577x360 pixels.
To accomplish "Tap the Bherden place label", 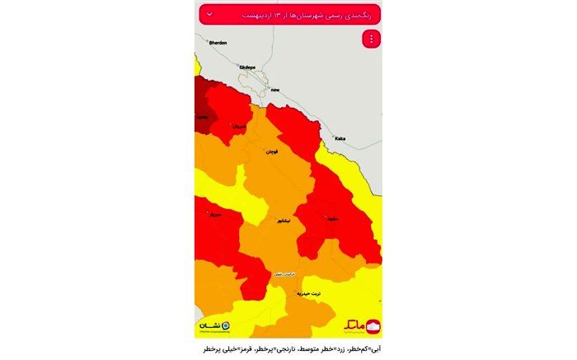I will [218, 42].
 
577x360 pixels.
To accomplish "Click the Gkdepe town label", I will [247, 66].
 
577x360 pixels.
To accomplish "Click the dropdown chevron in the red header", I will [209, 14].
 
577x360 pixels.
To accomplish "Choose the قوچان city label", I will [271, 152].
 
